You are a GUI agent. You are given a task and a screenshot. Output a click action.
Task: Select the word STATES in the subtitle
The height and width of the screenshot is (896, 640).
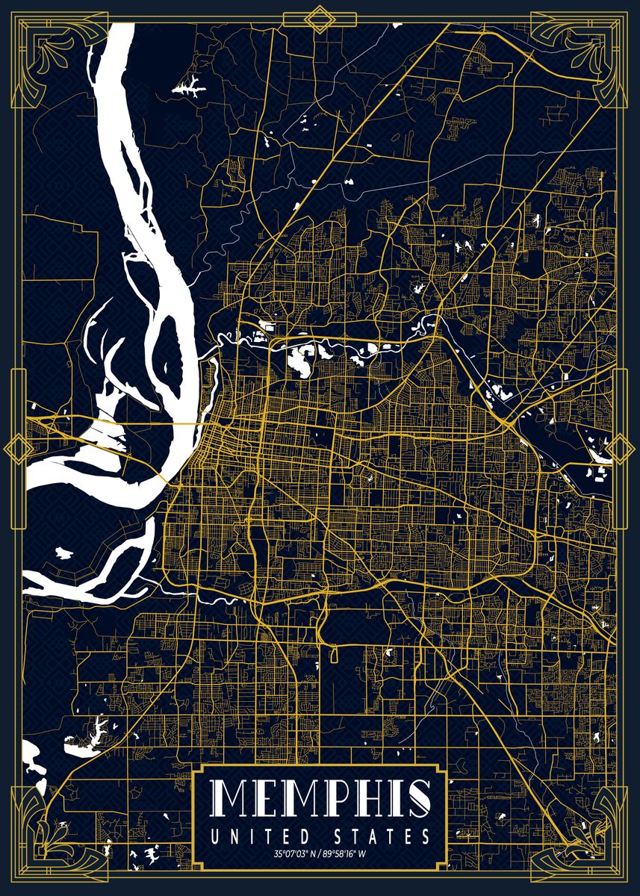coord(380,836)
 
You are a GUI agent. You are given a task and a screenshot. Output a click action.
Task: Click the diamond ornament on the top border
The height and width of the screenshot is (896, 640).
coord(320,19)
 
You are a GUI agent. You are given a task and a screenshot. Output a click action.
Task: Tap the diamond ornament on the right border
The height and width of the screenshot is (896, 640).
coord(622,449)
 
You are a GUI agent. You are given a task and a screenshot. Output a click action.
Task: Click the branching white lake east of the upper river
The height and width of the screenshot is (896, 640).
coord(190,87)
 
